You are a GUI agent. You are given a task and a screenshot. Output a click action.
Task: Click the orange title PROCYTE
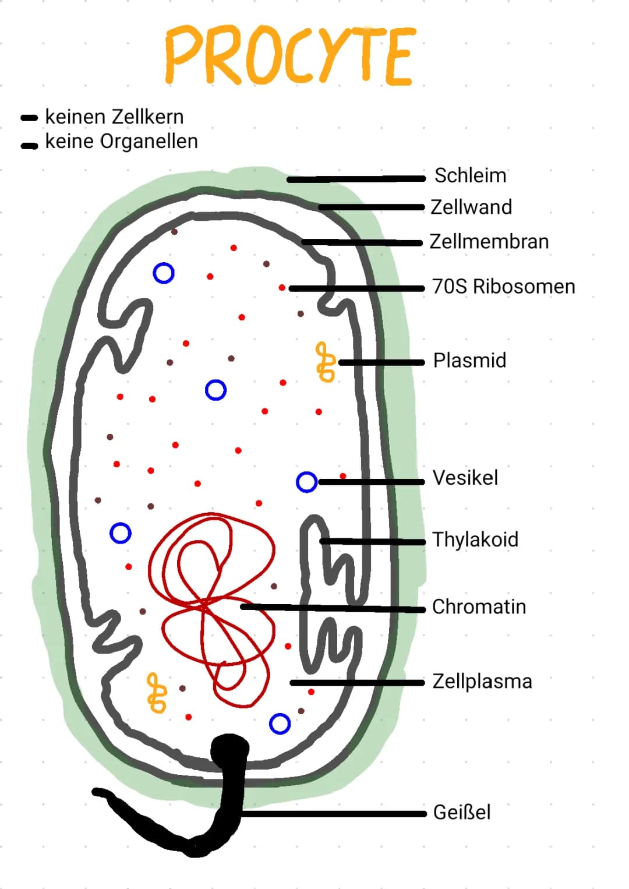[x=290, y=56]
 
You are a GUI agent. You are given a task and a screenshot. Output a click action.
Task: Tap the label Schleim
[x=470, y=175]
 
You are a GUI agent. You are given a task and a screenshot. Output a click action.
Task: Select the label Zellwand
[x=471, y=207]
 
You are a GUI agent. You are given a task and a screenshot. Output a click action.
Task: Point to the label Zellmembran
[x=489, y=241]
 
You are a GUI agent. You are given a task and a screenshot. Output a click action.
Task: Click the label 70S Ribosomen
[x=503, y=287]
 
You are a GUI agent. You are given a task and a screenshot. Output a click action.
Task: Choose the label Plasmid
[x=469, y=361]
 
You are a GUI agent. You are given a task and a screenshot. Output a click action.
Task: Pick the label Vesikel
[x=465, y=478]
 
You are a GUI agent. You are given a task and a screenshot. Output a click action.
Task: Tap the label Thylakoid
[x=475, y=539]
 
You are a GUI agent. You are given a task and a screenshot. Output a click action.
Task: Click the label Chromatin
[x=479, y=607]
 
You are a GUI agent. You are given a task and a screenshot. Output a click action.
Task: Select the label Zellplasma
[x=482, y=681]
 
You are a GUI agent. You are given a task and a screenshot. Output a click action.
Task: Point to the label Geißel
[x=462, y=812]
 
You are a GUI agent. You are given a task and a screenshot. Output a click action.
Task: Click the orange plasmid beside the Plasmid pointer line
[x=325, y=362]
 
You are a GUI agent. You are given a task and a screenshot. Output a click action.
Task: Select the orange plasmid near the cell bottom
[x=156, y=693]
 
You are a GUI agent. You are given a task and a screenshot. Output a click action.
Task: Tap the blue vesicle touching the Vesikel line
[x=306, y=482]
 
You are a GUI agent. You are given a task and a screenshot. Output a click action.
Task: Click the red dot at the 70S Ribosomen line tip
[x=282, y=288]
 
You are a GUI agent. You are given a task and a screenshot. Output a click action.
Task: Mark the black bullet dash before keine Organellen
[x=30, y=146]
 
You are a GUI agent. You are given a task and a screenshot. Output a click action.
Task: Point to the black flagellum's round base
[x=229, y=749]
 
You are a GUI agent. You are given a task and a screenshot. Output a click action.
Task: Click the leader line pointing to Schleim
[x=355, y=179]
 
